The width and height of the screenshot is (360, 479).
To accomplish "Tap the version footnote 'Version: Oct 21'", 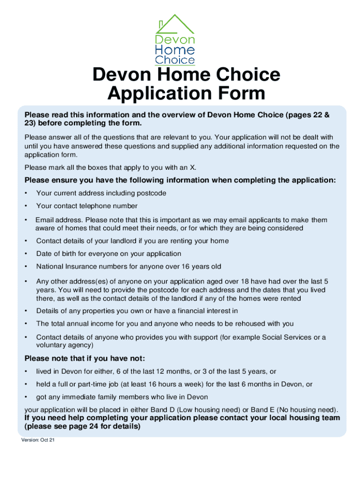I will (38, 440).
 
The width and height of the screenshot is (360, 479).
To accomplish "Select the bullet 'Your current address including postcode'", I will (101, 193).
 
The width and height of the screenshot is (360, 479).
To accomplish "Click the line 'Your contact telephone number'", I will (87, 206).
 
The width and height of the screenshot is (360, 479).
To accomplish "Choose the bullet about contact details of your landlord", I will (132, 241).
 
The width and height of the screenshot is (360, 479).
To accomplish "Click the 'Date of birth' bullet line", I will (108, 254).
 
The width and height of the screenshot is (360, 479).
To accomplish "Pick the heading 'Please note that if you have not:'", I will (85, 359).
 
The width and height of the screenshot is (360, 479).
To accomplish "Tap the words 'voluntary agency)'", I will (65, 345).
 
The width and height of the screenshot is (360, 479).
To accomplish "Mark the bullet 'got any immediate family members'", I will (122, 397).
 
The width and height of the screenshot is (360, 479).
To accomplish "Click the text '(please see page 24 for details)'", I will (82, 427).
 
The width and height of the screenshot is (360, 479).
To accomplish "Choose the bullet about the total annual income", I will (165, 324).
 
